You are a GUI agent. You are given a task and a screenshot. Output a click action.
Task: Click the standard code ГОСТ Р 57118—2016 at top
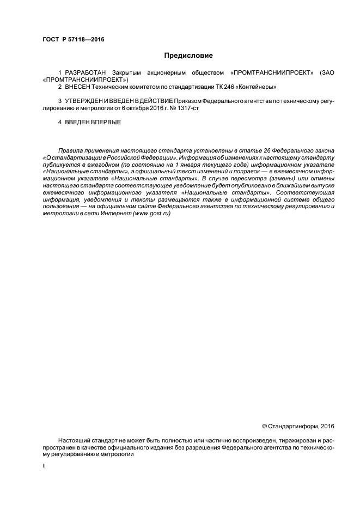[74, 40]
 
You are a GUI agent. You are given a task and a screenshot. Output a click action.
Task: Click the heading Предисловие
[188, 56]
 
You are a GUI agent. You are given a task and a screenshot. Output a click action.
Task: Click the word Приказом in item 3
[188, 101]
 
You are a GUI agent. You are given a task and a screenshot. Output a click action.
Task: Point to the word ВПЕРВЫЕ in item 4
[104, 122]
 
